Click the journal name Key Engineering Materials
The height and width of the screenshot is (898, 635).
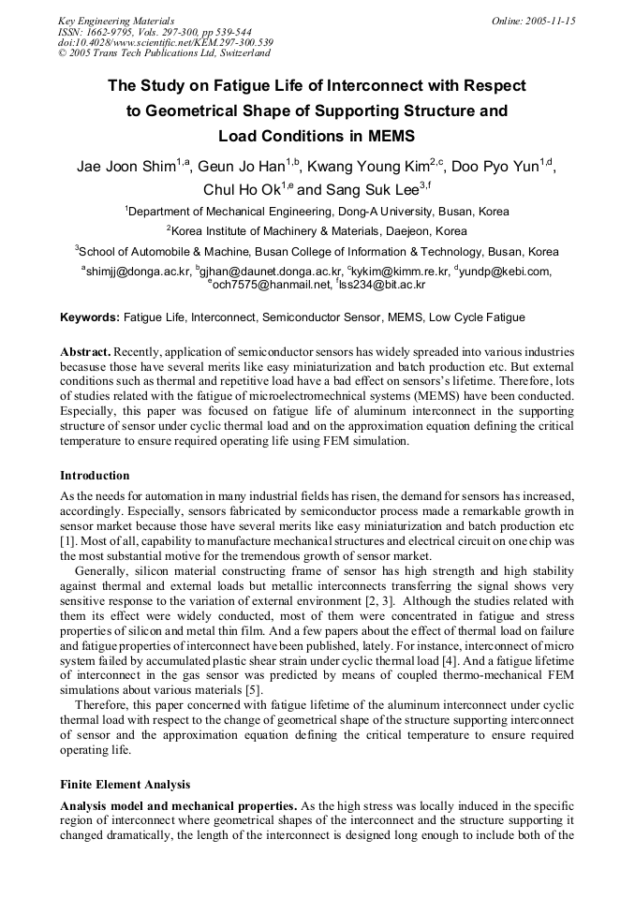coord(116,21)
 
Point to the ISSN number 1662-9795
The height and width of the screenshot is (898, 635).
coord(111,32)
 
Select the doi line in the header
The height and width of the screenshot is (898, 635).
coord(165,43)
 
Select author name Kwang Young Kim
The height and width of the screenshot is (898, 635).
coord(368,169)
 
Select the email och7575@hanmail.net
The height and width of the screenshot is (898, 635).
coord(272,284)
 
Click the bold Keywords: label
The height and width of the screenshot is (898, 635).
coord(89,317)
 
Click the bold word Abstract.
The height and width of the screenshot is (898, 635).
coord(85,350)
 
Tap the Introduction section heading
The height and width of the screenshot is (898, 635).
coord(95,476)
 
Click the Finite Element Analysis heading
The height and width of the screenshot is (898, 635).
coord(126,785)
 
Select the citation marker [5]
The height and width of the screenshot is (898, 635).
coord(253,691)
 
